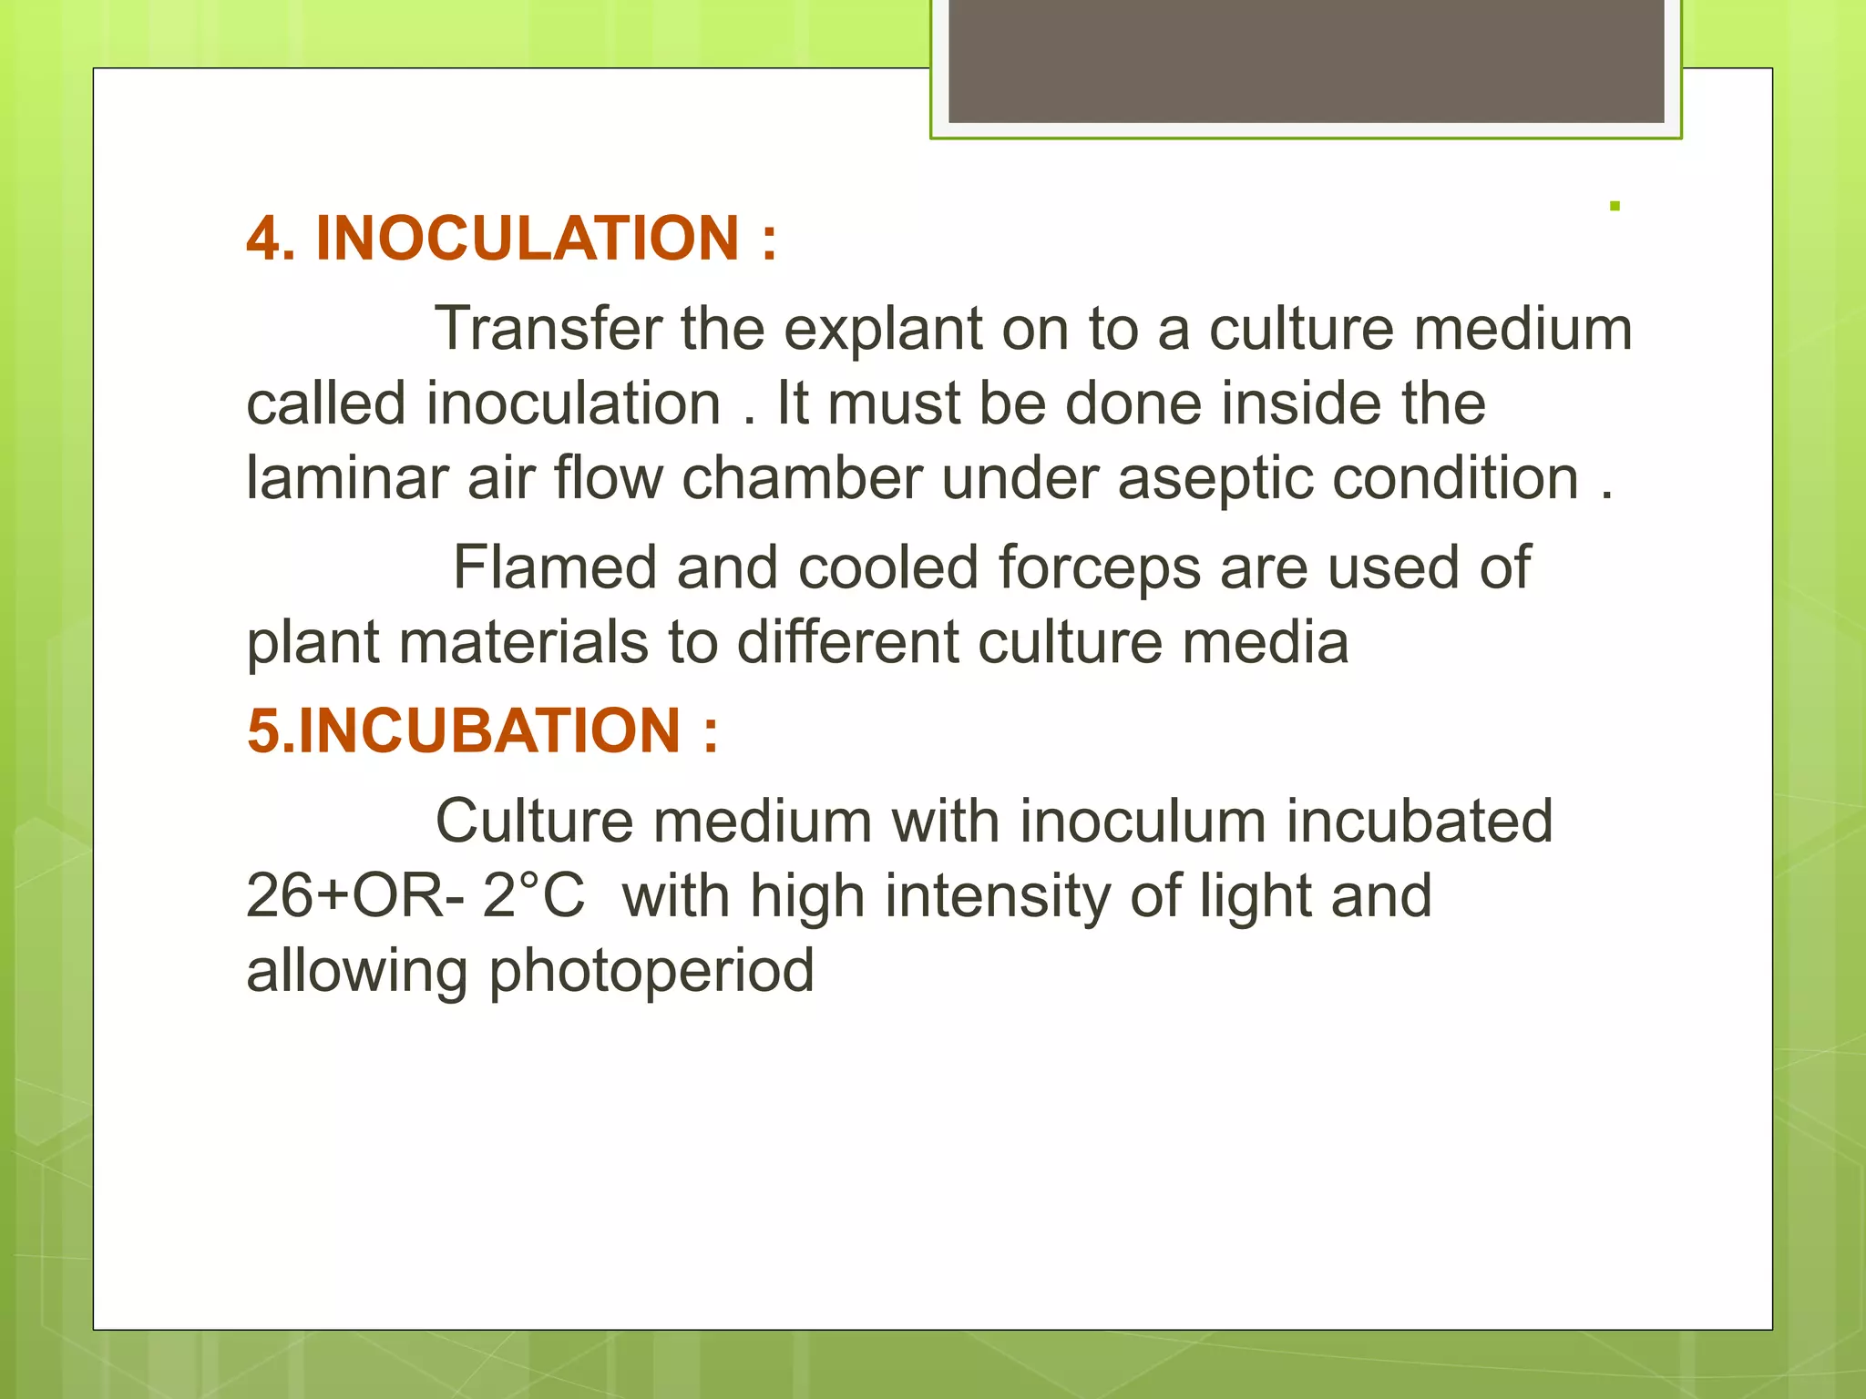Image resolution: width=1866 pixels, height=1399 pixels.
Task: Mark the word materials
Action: click(x=523, y=642)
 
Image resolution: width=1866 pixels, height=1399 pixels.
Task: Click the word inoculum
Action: click(x=1143, y=821)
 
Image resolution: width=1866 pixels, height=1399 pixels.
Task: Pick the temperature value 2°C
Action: click(x=533, y=895)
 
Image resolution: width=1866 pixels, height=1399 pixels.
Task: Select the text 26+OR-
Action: click(x=354, y=895)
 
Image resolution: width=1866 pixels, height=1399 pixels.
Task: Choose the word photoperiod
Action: click(x=651, y=972)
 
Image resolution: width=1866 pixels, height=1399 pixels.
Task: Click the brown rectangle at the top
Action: click(x=1306, y=60)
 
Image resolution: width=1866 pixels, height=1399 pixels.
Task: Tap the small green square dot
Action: click(x=1615, y=207)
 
